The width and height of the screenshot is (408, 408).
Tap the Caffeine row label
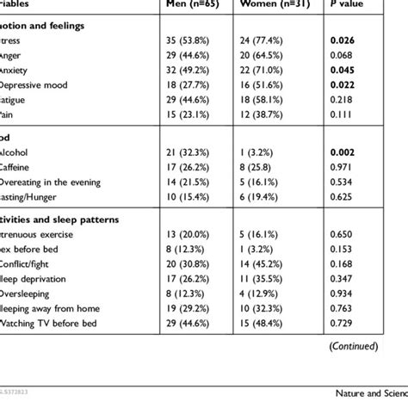click(x=22, y=168)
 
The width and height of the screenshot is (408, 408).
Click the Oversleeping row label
click(x=30, y=293)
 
